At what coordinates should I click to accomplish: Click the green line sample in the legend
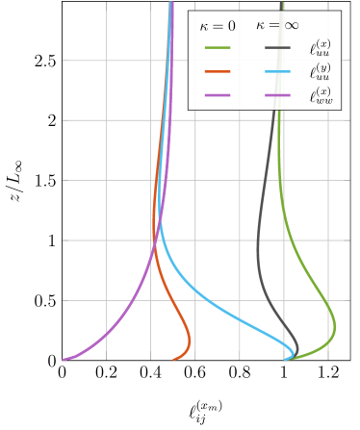point(219,47)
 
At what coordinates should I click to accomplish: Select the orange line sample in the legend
point(219,71)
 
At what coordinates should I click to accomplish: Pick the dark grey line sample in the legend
point(278,47)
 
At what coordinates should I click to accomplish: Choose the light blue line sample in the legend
point(278,71)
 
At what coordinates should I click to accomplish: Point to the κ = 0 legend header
point(218,26)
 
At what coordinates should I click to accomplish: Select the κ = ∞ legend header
point(276,25)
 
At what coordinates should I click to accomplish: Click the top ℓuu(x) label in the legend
point(321,47)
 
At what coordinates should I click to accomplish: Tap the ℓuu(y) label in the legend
point(321,71)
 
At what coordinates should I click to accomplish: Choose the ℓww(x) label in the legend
point(321,95)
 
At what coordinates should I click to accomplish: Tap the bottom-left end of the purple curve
point(64,360)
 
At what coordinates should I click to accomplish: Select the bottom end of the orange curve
point(174,360)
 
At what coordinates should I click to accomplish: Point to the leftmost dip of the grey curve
point(258,255)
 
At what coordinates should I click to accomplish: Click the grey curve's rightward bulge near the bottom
point(297,347)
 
